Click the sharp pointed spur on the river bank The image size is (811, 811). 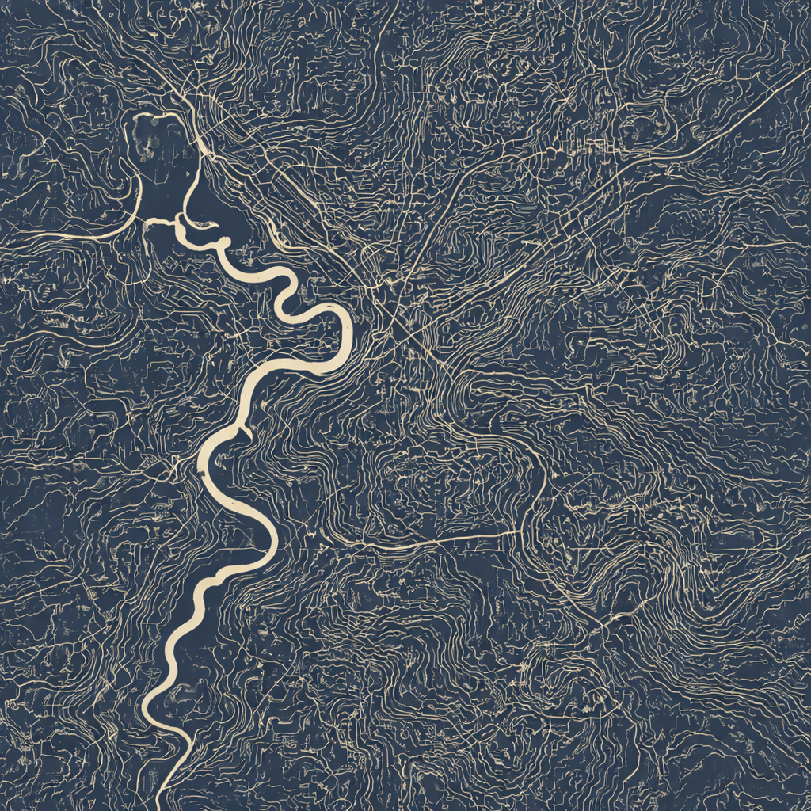tap(247, 432)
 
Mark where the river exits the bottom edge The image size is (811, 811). tap(163, 804)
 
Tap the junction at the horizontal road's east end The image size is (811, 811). tap(519, 532)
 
